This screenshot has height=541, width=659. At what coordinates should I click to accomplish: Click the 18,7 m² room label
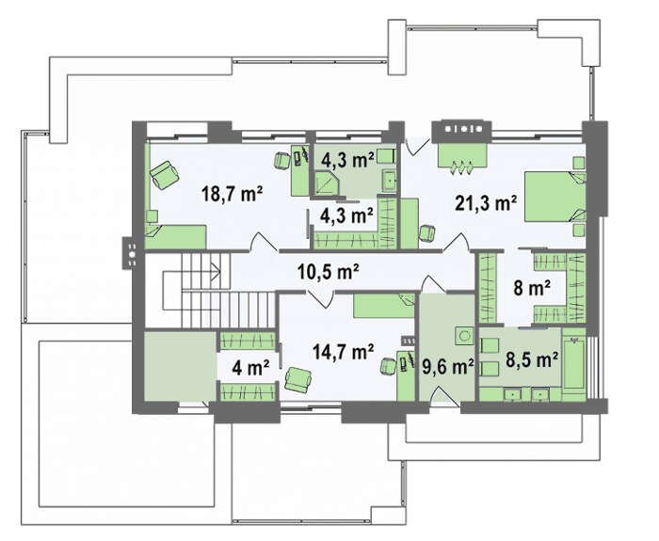pos(232,194)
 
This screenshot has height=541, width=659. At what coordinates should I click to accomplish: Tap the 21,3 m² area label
pos(486,203)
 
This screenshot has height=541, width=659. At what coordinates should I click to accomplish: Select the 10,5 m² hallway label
pos(328,272)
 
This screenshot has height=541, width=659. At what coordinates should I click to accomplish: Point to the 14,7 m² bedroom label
pos(344,351)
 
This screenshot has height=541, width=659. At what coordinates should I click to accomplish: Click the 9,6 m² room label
pos(447,367)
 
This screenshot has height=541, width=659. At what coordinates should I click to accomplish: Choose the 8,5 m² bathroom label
pos(532,359)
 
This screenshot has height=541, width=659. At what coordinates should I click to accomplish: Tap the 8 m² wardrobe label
pos(532,289)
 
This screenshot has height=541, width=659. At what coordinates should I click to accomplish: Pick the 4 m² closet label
pos(251,368)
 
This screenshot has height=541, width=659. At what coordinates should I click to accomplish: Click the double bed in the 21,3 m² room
pos(555,197)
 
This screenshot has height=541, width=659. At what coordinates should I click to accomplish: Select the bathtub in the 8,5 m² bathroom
pos(574,364)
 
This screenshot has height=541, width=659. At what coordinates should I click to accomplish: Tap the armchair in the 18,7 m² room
pos(165,175)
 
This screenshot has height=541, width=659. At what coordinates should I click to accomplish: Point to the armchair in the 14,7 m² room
pos(298,379)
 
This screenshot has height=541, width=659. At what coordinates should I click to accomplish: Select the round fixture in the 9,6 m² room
pos(464,336)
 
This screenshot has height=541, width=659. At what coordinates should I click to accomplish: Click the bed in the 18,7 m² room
pos(175,237)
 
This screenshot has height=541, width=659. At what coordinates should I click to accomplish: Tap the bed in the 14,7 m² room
pos(384,306)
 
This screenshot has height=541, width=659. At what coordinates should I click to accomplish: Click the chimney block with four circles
pos(461,131)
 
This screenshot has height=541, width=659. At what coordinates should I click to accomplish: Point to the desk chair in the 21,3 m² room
pos(427,233)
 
